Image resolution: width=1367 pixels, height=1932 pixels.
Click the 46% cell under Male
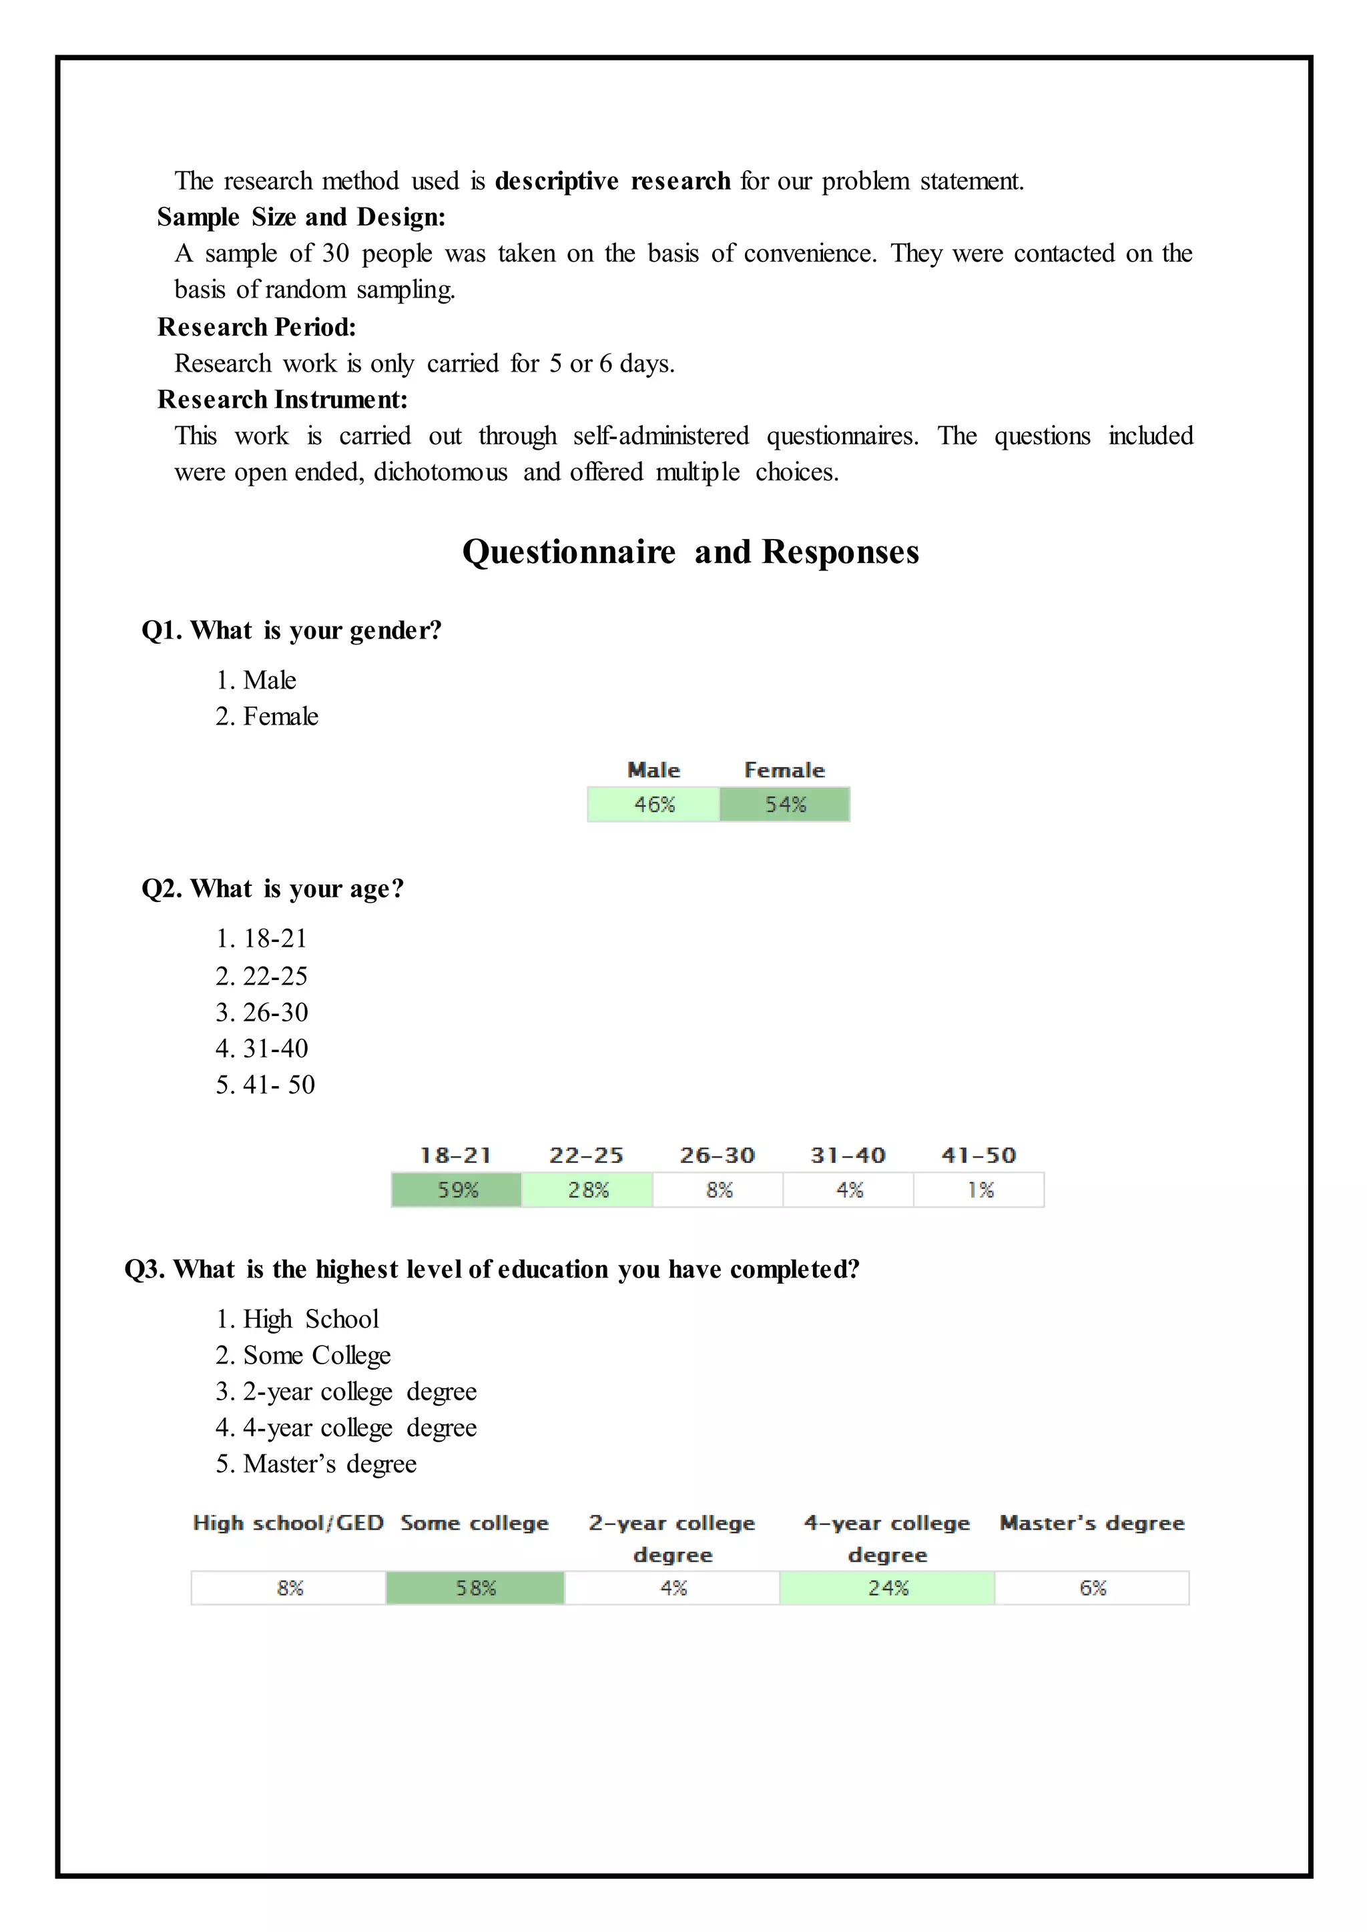tap(654, 805)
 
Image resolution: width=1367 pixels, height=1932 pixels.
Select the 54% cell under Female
tap(784, 805)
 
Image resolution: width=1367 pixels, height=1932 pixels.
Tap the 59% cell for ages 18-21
tap(457, 1190)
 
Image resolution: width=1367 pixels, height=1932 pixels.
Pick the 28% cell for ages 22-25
tap(587, 1190)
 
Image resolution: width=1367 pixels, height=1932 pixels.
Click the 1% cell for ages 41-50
tap(980, 1190)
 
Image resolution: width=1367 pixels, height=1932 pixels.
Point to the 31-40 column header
tap(848, 1155)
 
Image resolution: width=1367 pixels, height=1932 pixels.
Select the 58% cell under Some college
tap(476, 1588)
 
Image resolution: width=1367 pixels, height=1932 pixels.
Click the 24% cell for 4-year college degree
tap(887, 1588)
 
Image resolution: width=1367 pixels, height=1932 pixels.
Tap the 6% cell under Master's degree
tap(1092, 1588)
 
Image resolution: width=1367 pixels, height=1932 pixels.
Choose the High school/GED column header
tap(288, 1523)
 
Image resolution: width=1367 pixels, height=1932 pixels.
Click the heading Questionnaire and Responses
tap(690, 552)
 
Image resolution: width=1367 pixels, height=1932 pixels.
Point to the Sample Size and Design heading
tap(301, 217)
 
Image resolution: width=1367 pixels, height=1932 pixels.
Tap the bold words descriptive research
tap(612, 181)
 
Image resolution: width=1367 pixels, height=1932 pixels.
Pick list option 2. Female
tap(267, 716)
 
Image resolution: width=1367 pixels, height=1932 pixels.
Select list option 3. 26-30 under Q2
tap(262, 1012)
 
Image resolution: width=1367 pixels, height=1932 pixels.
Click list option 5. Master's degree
tap(316, 1464)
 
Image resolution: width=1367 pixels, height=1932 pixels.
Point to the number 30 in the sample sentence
tap(335, 254)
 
